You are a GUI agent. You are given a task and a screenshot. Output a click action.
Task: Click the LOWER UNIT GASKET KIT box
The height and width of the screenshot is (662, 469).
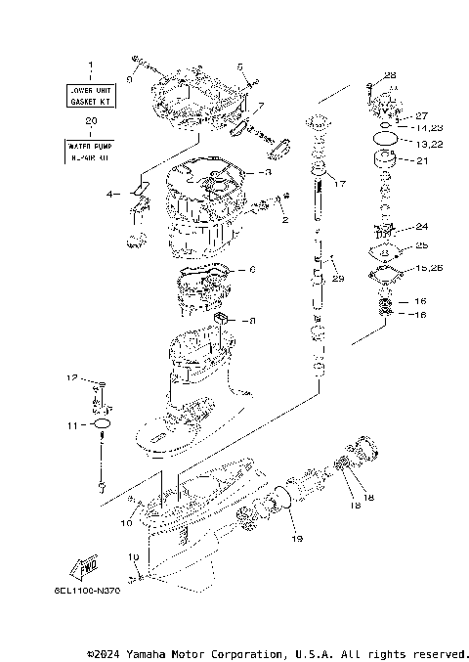coord(90,96)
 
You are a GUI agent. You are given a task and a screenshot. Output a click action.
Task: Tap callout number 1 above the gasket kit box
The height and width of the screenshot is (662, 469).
coord(90,66)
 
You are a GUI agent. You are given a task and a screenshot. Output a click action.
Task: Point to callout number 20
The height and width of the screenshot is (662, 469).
coord(90,121)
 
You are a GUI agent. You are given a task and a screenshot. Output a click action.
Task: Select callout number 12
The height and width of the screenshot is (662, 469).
coord(71,377)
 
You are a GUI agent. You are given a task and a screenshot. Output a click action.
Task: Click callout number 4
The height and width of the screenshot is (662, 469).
coord(110,194)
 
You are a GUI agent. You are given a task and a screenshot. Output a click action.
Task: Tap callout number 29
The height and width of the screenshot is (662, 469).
coord(338,279)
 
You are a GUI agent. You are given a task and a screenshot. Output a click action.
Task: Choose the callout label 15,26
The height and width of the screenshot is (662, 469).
coord(428,267)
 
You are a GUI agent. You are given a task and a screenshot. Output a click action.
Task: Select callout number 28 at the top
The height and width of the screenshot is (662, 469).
coord(390,75)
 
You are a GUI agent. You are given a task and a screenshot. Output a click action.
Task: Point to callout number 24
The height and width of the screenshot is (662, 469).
coord(421,226)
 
